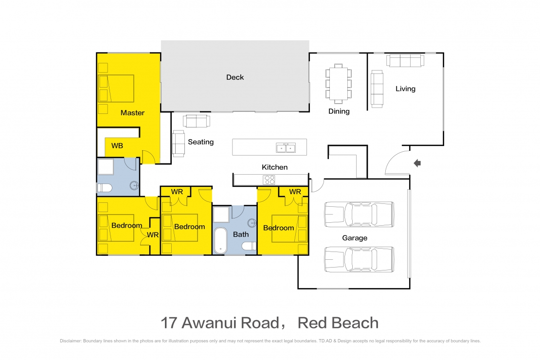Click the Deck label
pyautogui.click(x=235, y=77)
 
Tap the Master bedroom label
pyautogui.click(x=132, y=113)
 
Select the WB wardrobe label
pyautogui.click(x=117, y=146)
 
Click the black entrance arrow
pyautogui.click(x=417, y=163)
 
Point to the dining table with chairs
pyautogui.click(x=339, y=83)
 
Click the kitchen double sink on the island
pyautogui.click(x=286, y=147)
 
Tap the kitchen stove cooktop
pyautogui.click(x=269, y=180)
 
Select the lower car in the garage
pyautogui.click(x=359, y=259)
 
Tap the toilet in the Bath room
pyautogui.click(x=249, y=246)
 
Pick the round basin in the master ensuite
pyautogui.click(x=134, y=185)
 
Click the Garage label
pyautogui.click(x=355, y=238)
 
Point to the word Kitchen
pyautogui.click(x=274, y=167)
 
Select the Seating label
pyautogui.click(x=200, y=142)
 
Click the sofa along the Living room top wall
pyautogui.click(x=404, y=60)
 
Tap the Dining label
pyautogui.click(x=339, y=111)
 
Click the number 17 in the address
pyautogui.click(x=170, y=323)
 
